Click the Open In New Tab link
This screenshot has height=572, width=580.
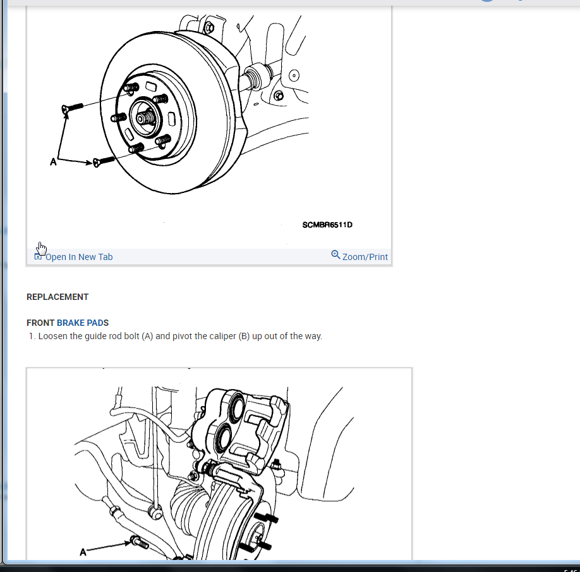click(x=78, y=257)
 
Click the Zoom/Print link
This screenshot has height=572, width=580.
click(x=365, y=257)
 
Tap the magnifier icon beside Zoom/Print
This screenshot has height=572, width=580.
click(x=335, y=254)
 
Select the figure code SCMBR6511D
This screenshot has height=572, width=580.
click(x=327, y=225)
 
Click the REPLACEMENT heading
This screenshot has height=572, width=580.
click(x=57, y=297)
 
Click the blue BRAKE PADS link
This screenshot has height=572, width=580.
click(x=83, y=323)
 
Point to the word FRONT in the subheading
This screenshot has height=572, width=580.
click(x=40, y=323)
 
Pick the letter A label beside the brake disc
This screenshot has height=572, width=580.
click(x=53, y=162)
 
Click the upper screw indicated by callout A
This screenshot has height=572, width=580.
click(x=73, y=108)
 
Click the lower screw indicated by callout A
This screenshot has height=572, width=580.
click(x=104, y=161)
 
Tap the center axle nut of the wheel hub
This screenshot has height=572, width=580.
click(x=146, y=118)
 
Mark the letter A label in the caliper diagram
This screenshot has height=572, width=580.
click(x=83, y=552)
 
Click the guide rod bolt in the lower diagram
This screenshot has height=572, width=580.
click(x=140, y=542)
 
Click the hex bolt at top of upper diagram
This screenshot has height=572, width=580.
click(x=209, y=27)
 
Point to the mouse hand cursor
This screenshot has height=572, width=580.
click(x=42, y=249)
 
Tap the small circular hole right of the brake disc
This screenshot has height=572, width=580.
click(x=294, y=75)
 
